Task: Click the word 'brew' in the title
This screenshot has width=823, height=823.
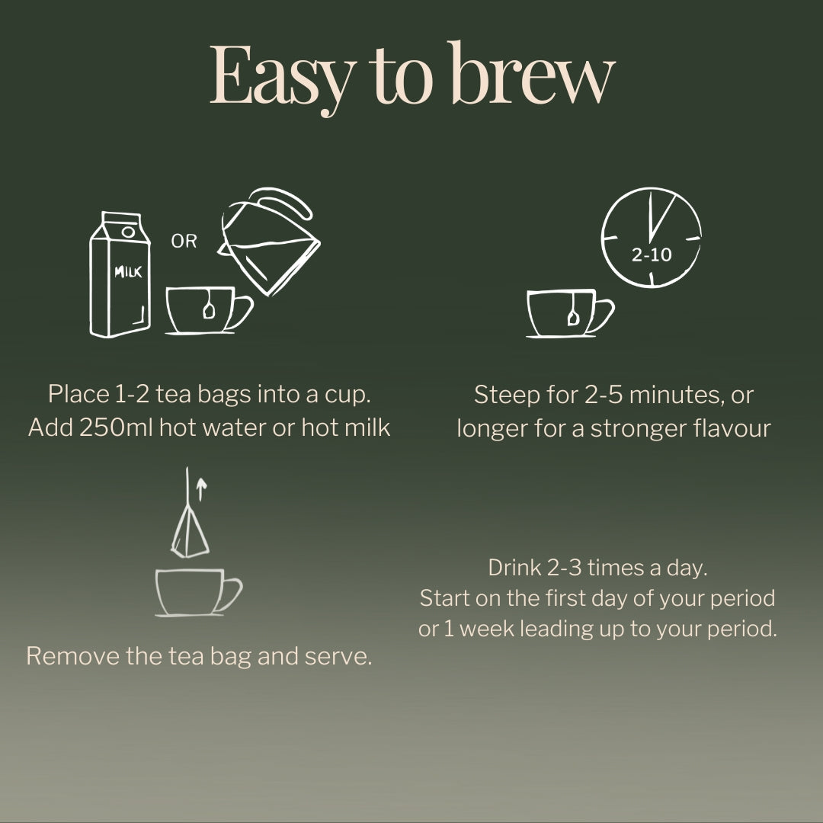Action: pyautogui.click(x=533, y=76)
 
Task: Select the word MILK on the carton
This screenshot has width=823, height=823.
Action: pyautogui.click(x=128, y=271)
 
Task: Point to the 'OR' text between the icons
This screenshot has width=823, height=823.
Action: pyautogui.click(x=184, y=242)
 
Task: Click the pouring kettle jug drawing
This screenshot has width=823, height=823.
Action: pyautogui.click(x=271, y=239)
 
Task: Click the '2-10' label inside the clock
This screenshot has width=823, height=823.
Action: pyautogui.click(x=652, y=255)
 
